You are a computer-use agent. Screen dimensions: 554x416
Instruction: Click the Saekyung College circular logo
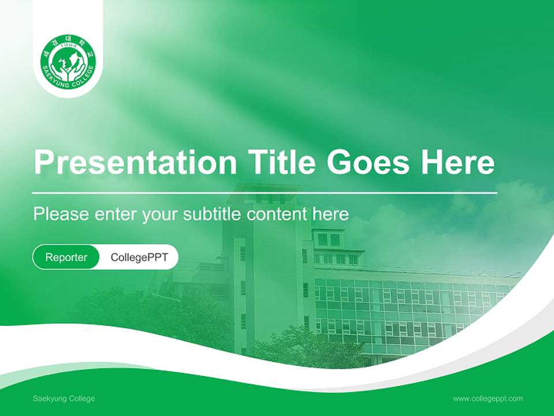click(68, 62)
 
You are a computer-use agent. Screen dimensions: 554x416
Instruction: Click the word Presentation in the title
click(135, 162)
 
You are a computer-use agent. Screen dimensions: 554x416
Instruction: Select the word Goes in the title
click(368, 162)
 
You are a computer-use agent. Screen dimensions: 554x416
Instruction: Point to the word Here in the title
click(458, 162)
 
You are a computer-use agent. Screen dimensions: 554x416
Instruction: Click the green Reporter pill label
click(66, 257)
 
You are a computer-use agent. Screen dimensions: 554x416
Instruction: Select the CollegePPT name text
click(139, 257)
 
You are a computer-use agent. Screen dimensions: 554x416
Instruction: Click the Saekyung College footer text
click(64, 399)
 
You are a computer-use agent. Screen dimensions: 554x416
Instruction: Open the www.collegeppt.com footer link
click(488, 399)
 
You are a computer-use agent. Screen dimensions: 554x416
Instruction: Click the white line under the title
click(265, 193)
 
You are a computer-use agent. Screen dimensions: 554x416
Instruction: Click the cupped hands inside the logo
click(68, 73)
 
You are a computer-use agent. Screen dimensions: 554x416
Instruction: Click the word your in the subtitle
click(159, 216)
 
